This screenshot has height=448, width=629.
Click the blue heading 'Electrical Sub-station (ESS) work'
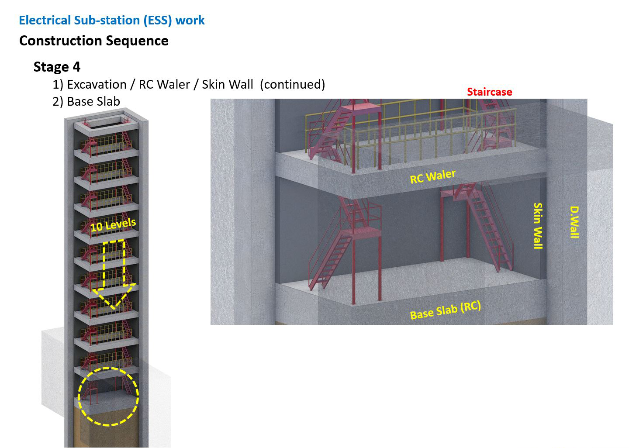112,21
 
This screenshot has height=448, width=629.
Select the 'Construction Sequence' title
94,41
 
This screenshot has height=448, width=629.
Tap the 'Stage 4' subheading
57,67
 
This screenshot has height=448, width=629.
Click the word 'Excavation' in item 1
97,85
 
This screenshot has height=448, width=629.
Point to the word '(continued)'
292,85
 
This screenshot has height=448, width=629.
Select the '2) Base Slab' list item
86,101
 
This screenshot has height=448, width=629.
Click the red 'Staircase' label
489,92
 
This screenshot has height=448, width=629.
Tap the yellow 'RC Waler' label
433,177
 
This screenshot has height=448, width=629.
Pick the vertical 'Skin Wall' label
538,226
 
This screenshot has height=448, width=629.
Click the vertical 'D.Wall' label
574,222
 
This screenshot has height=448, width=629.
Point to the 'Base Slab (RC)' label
446,310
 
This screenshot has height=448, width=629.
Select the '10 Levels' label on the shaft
113,225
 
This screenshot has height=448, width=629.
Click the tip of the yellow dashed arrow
114,309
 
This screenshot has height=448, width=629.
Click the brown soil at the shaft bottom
107,431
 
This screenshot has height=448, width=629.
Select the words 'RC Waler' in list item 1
164,85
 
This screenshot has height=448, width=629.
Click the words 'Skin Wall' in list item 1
228,85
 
